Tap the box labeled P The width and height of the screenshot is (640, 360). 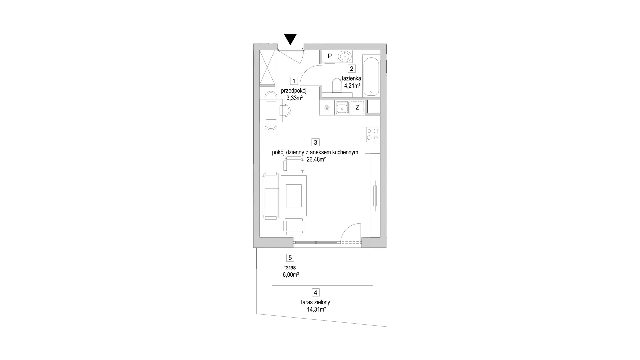click(330, 56)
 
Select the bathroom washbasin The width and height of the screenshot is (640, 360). click(345, 56)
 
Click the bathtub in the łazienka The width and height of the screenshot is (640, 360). click(371, 76)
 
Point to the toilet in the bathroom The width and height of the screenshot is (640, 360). click(337, 85)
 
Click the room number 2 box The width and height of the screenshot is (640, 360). click(351, 69)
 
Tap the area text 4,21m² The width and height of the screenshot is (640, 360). click(352, 86)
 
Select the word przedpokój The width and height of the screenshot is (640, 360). click(294, 91)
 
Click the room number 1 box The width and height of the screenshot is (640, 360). click(294, 81)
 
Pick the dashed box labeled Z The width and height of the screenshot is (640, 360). click(357, 108)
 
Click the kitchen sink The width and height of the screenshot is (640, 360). click(342, 108)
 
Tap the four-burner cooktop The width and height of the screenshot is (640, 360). click(373, 134)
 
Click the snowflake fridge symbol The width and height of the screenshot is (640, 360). click(327, 108)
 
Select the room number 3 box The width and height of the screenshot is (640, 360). click(315, 142)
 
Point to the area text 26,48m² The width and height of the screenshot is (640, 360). click(316, 160)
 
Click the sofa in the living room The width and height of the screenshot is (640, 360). click(270, 195)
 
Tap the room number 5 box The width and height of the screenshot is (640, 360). click(290, 258)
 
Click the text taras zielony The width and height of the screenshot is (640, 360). click(315, 302)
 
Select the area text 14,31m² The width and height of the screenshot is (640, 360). click(316, 310)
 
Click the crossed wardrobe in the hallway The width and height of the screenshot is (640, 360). click(268, 68)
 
